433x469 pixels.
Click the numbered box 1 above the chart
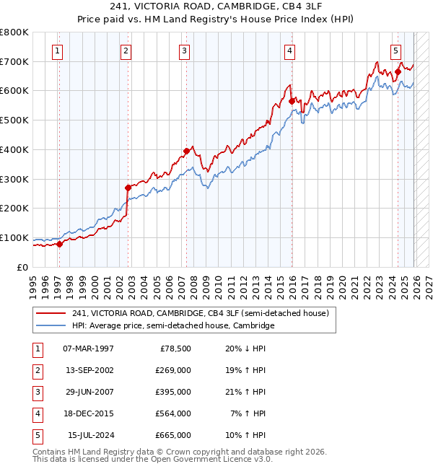(57, 51)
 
